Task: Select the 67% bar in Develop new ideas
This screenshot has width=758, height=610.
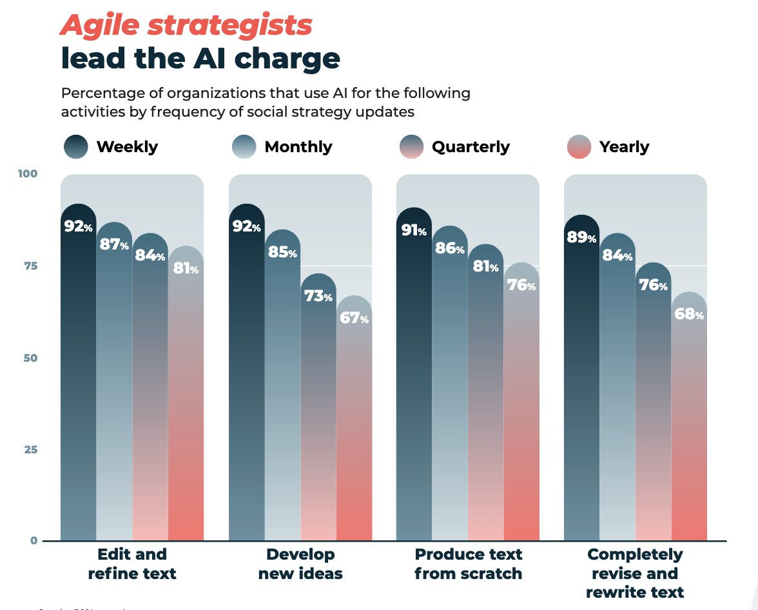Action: [354, 426]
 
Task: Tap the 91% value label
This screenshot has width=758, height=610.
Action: [414, 230]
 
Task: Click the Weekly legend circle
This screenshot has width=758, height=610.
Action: [76, 146]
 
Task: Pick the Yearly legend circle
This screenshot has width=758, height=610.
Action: [579, 146]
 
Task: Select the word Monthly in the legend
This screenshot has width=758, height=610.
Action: [298, 147]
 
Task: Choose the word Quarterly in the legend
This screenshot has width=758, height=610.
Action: [471, 147]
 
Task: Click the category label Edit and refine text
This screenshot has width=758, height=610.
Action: [132, 564]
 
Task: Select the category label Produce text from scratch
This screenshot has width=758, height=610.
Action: [468, 564]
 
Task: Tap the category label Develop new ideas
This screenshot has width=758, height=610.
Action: [300, 564]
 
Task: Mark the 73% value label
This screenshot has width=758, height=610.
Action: [318, 297]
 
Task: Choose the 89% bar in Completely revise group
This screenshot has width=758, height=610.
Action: [581, 387]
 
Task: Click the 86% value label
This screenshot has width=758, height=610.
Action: [450, 248]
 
